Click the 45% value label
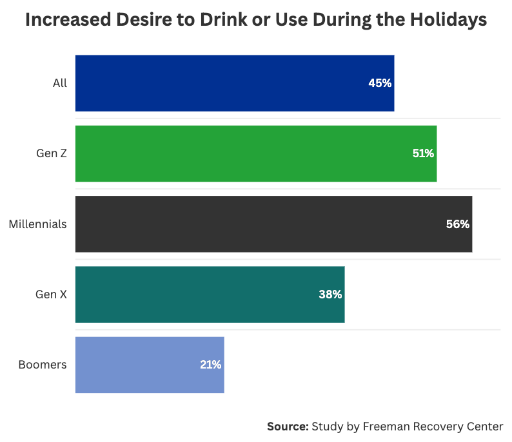coord(380,83)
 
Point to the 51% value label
coord(423,153)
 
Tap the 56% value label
coord(458,224)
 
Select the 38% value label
coord(330,294)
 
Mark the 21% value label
coord(210,365)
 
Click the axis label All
coord(60,83)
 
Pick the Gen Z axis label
coord(52,153)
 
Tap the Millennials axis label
coord(37,224)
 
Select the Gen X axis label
coord(51,294)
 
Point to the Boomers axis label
coord(43,365)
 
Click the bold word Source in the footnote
coord(288,427)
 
